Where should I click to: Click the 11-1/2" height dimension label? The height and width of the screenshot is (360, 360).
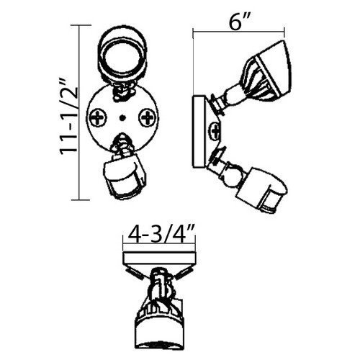point(68,118)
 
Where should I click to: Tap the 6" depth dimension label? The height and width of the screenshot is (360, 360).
point(238,22)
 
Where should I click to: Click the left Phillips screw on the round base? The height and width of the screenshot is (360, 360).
point(98,117)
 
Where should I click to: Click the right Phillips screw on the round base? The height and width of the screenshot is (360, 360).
point(148,117)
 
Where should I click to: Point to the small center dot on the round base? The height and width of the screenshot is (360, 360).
point(122,118)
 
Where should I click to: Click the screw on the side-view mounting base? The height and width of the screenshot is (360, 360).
point(215,131)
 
